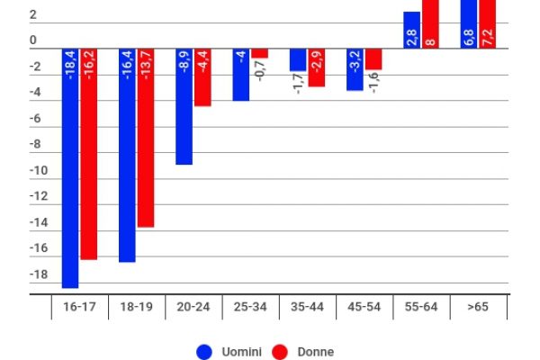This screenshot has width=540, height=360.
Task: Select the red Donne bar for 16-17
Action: point(88,153)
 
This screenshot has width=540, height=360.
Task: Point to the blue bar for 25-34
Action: point(240,75)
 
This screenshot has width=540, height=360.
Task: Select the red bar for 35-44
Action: point(317,67)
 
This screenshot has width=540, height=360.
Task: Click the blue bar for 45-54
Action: point(355,69)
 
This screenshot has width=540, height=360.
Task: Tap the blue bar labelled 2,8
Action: point(411,30)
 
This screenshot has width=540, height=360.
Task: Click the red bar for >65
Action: point(488,23)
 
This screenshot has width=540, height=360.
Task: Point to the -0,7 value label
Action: point(259,72)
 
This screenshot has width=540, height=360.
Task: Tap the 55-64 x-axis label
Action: point(421,307)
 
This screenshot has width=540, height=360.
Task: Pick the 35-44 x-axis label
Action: point(307,307)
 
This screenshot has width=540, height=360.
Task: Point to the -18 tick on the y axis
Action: point(33,274)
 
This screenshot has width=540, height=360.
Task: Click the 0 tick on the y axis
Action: point(33,41)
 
